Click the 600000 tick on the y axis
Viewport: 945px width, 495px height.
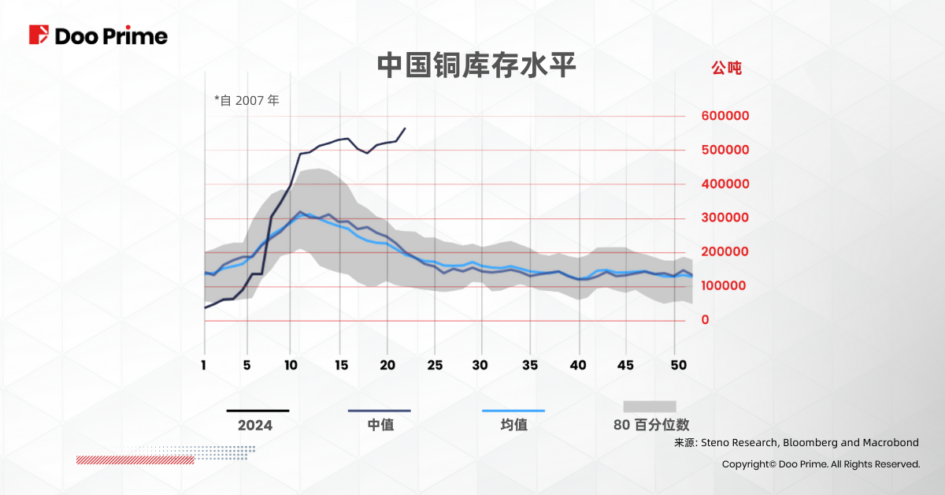(724, 116)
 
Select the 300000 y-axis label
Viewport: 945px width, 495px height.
(724, 218)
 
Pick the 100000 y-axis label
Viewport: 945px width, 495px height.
(724, 285)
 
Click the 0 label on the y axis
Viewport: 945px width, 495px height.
(704, 319)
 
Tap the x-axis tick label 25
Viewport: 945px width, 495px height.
(435, 366)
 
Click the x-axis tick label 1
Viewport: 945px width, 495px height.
(204, 366)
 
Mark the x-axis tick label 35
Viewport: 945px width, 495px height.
(531, 366)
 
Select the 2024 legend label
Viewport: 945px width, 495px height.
(255, 426)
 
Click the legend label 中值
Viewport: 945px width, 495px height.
(380, 425)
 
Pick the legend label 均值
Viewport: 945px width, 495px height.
(513, 425)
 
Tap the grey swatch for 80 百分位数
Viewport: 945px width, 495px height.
(650, 407)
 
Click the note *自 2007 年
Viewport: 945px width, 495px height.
(246, 100)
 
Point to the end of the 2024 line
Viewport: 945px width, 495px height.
(405, 128)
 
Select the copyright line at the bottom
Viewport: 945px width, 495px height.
(821, 464)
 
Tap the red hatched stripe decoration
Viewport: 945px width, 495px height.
(135, 460)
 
